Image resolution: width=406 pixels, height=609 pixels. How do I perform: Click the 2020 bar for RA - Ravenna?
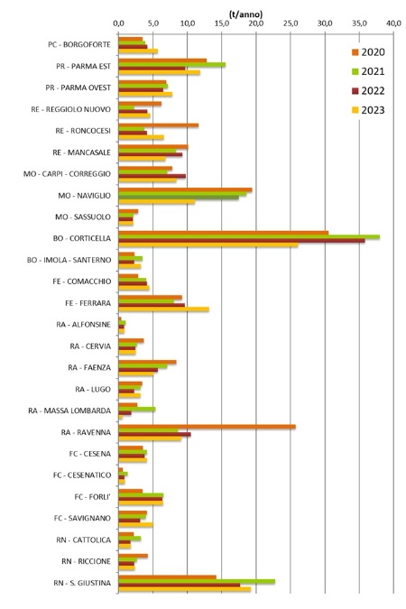click(207, 427)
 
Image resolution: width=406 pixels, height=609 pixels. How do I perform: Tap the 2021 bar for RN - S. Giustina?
click(197, 582)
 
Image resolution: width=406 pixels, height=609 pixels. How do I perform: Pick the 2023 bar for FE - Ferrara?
click(163, 309)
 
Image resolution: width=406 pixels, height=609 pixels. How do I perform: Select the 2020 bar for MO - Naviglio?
click(185, 189)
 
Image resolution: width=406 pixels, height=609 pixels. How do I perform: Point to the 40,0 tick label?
click(393, 23)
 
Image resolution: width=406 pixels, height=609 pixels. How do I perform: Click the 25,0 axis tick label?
click(291, 23)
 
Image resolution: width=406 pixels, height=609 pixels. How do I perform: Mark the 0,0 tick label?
click(119, 23)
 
